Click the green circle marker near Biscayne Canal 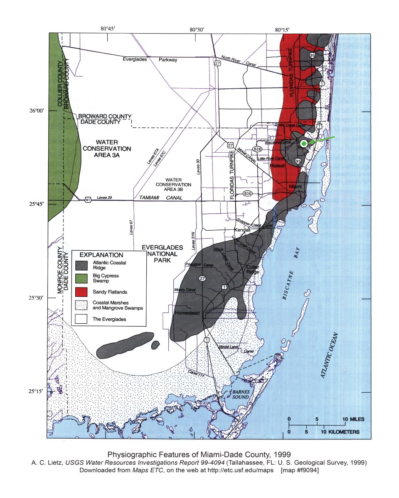pyautogui.click(x=303, y=143)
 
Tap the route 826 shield pyautogui.click(x=258, y=149)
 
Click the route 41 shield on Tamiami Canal pyautogui.click(x=88, y=200)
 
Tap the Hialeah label pyautogui.click(x=278, y=165)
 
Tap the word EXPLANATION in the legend pyautogui.click(x=101, y=255)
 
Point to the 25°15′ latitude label pyautogui.click(x=36, y=391)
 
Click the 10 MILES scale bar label pyautogui.click(x=353, y=420)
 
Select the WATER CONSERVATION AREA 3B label pyautogui.click(x=173, y=184)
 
